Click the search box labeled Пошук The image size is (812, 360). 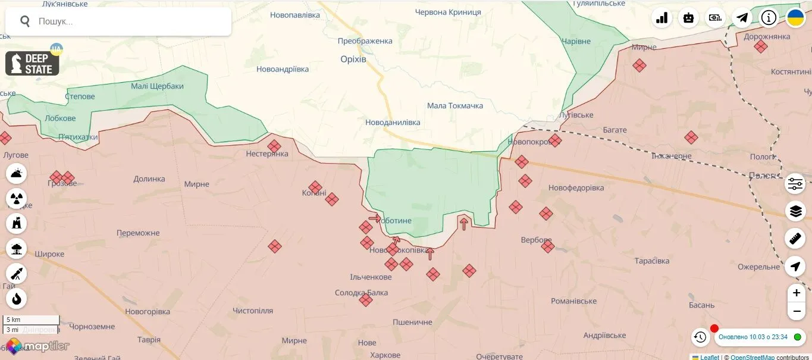[x=119, y=21]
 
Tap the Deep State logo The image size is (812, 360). [x=32, y=64]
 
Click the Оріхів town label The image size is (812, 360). [x=353, y=60]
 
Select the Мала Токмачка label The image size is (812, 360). [x=455, y=106]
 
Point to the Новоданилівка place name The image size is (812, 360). [x=393, y=123]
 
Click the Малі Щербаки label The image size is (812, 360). [x=157, y=86]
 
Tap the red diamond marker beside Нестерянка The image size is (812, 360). [x=274, y=146]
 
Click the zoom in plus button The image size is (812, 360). [x=796, y=293]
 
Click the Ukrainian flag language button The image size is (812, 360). [x=795, y=18]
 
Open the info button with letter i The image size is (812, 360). [x=769, y=18]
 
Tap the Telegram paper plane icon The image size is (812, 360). [x=742, y=18]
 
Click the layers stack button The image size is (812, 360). [x=795, y=211]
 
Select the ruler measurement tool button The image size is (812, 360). [x=795, y=239]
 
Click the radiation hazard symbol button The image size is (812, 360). [x=17, y=199]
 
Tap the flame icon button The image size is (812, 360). [x=17, y=299]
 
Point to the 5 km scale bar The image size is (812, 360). [x=31, y=320]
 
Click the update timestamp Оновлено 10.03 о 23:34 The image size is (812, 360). [x=753, y=337]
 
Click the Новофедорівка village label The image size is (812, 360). [x=576, y=188]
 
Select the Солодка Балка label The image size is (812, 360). [x=361, y=293]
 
